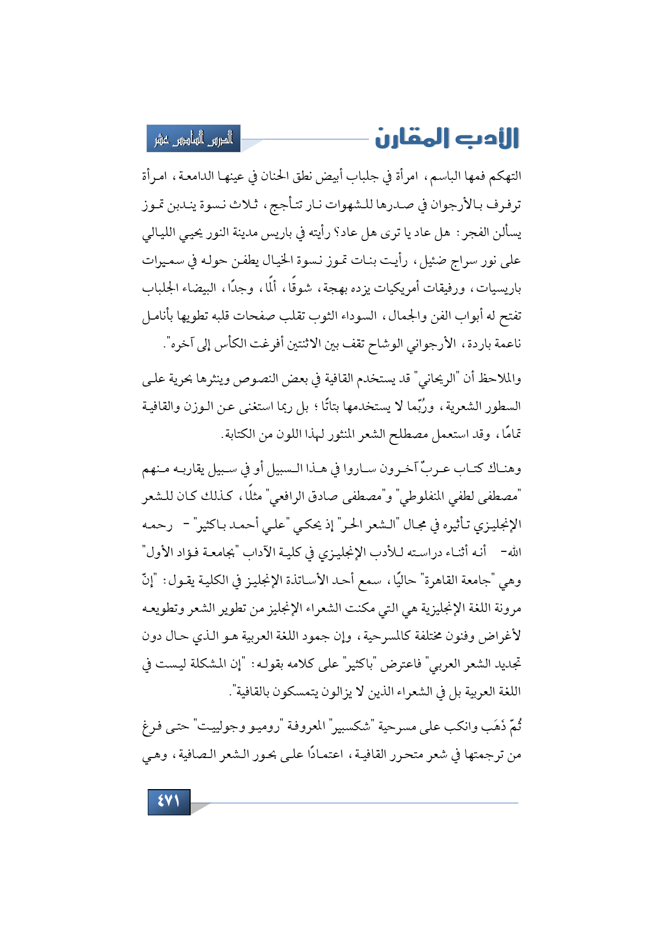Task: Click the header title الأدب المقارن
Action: (447, 138)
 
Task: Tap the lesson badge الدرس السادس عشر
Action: (194, 139)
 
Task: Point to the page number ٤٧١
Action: (169, 801)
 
